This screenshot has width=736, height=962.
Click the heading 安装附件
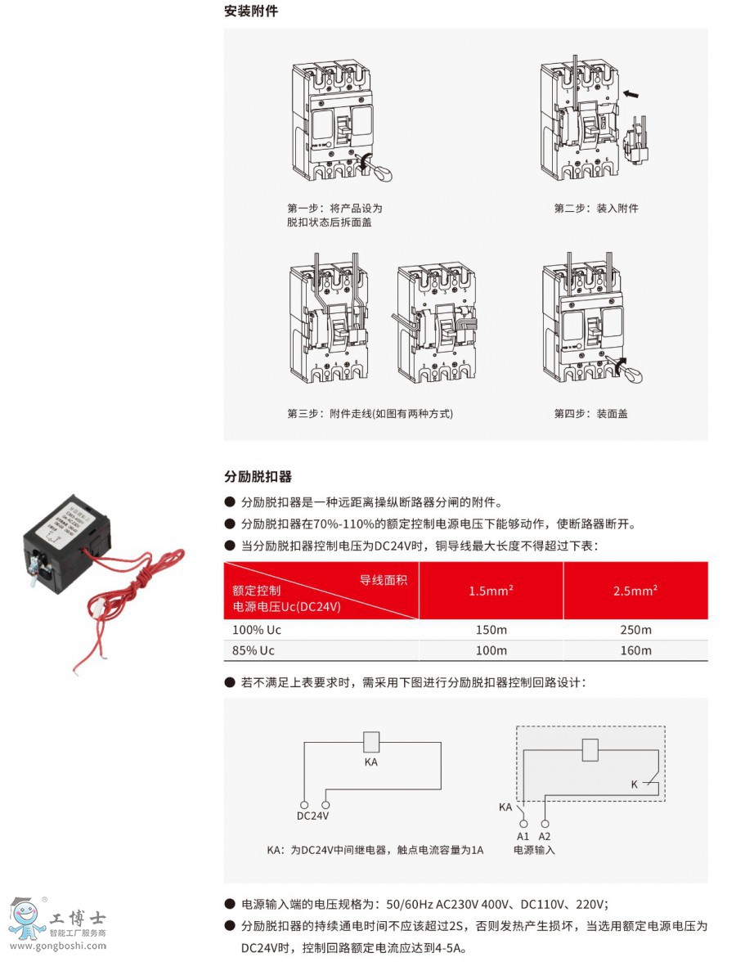(251, 11)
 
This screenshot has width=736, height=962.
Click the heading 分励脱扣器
(258, 476)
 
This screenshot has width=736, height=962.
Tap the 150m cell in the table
(491, 630)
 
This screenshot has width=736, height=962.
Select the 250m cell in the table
(635, 630)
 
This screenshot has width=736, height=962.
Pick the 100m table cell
(491, 650)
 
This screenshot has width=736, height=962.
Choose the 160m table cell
(635, 650)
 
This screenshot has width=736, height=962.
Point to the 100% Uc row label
(252, 630)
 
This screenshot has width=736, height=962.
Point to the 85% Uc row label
(249, 650)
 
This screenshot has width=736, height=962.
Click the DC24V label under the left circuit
(312, 816)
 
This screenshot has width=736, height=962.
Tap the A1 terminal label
(523, 836)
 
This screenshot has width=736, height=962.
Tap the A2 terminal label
(545, 836)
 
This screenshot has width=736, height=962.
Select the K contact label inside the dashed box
(634, 784)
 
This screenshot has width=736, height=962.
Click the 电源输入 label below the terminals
(534, 850)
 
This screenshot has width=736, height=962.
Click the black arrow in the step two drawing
(631, 94)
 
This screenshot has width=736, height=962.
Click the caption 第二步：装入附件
(596, 209)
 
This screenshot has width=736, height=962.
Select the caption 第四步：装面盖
(591, 414)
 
